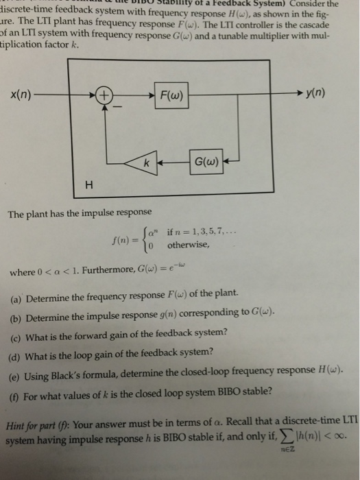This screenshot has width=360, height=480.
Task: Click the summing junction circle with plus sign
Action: click(x=104, y=94)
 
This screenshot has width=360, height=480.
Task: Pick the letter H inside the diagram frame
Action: click(x=87, y=184)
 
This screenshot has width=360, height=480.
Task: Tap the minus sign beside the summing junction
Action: click(x=117, y=106)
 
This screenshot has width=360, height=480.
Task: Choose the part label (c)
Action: click(x=19, y=334)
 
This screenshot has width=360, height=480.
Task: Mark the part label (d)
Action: click(x=19, y=353)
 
